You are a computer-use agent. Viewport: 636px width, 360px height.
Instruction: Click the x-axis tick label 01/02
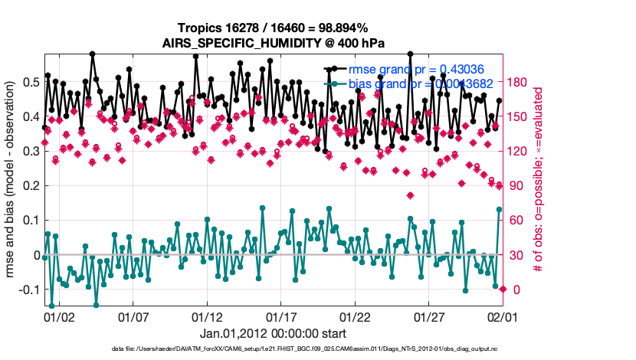[59, 316]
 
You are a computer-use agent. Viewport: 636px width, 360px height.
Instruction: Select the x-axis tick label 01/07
[133, 316]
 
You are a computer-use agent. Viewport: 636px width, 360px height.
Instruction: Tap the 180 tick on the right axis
[520, 82]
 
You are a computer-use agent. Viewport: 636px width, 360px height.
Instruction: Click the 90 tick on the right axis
[517, 185]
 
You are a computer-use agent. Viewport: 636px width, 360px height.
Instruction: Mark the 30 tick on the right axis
[517, 255]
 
